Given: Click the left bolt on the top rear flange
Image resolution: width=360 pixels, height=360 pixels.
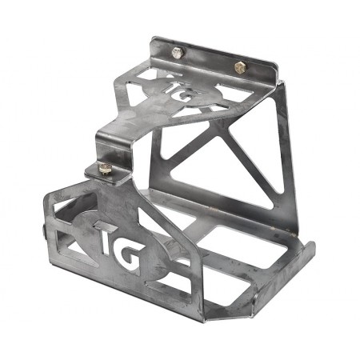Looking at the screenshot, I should coord(178,53).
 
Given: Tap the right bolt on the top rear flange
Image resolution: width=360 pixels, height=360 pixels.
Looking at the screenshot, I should coord(240,66).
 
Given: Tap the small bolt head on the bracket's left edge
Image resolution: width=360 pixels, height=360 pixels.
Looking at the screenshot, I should coord(41,233).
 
